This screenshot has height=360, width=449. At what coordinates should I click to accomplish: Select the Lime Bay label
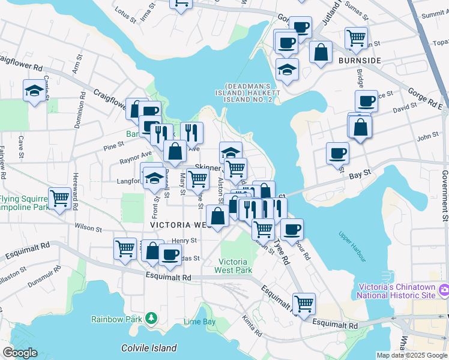199,322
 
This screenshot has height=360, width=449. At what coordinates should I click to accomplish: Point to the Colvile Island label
149,348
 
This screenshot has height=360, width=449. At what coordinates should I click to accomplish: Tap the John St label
428,137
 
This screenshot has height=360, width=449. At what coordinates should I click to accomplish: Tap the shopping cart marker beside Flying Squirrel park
59,198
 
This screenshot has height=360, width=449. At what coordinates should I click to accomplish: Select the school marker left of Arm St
34,91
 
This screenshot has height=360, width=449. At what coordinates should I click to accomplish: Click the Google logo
20,353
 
